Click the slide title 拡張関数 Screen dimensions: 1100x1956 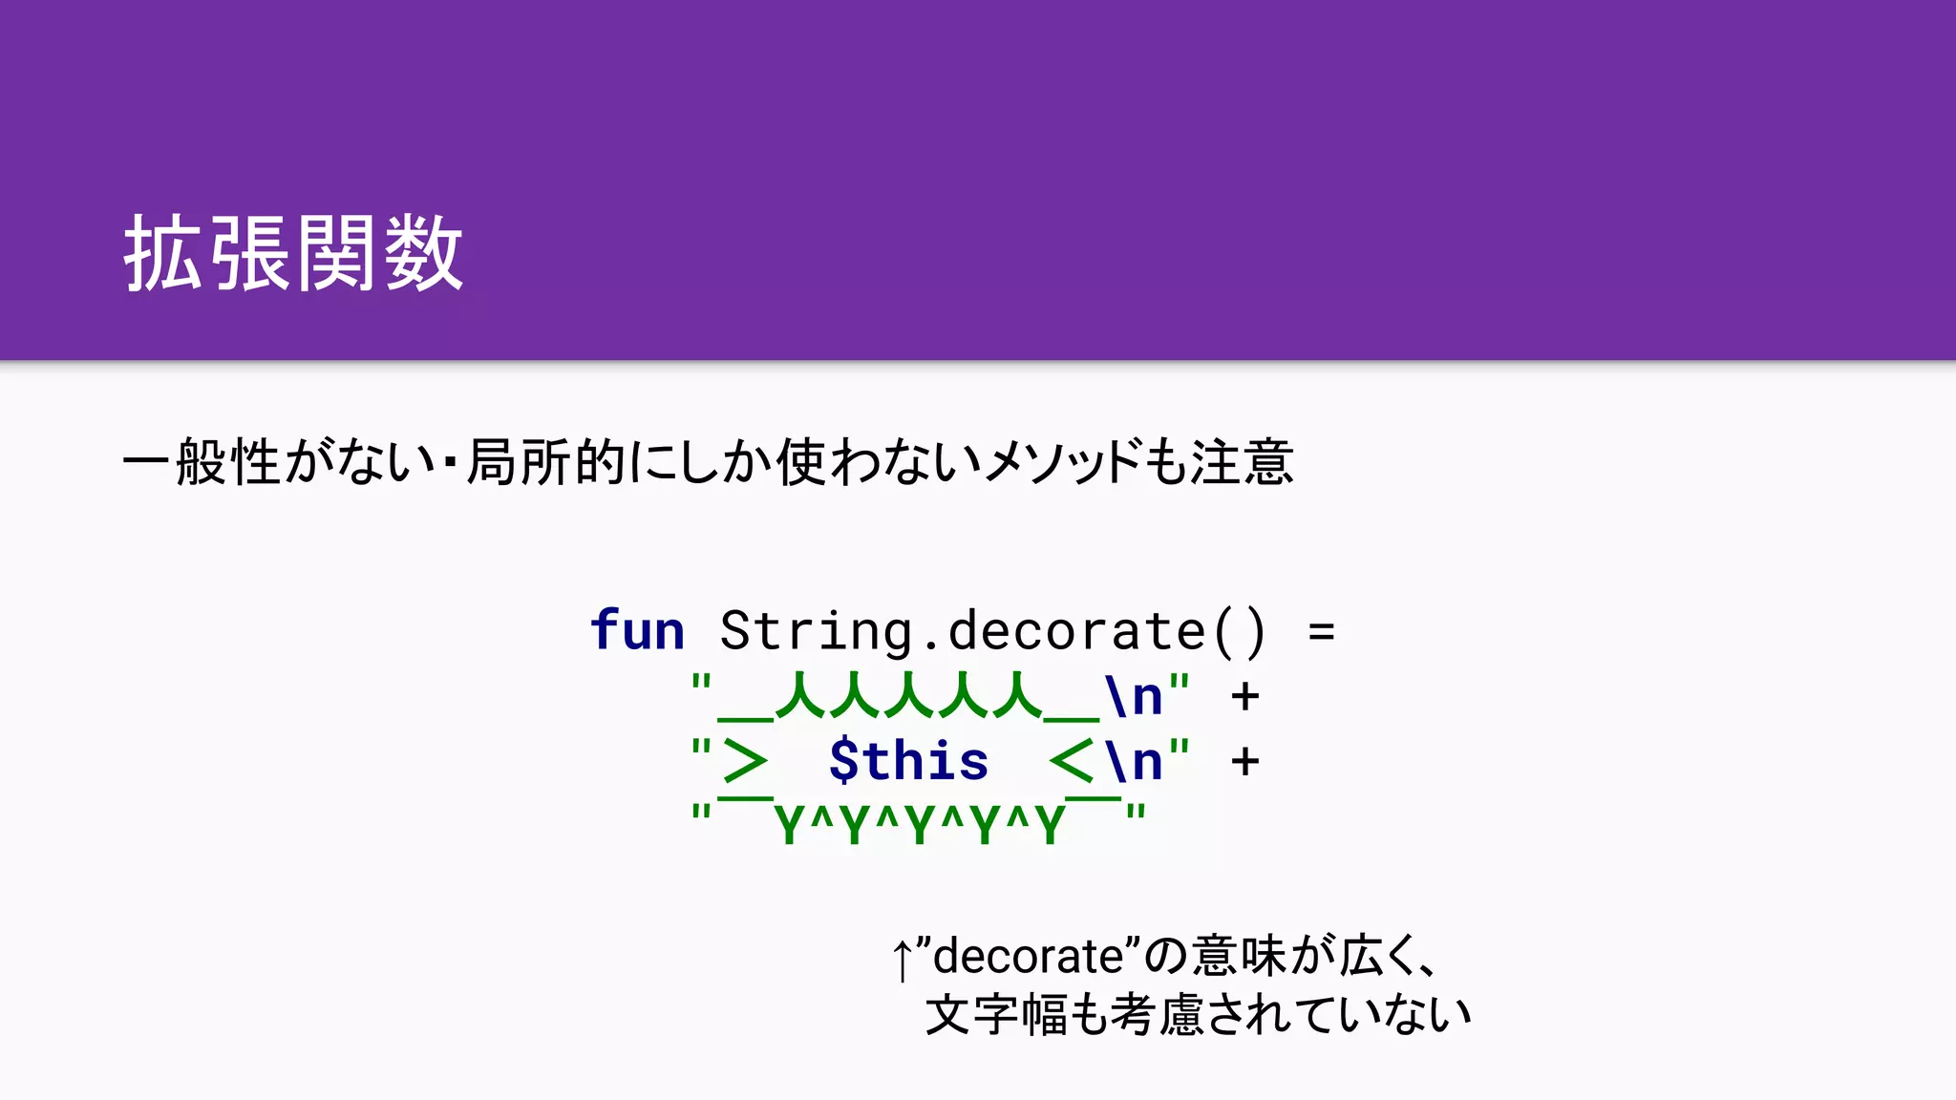[x=293, y=253]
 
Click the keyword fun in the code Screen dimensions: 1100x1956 [x=637, y=631]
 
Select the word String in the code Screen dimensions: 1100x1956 [x=816, y=631]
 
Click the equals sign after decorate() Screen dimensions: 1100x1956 [x=1321, y=631]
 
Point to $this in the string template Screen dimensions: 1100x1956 [x=908, y=761]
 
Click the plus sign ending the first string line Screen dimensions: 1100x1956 [x=1244, y=696]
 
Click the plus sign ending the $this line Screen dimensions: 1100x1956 [x=1244, y=761]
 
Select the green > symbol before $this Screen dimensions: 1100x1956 [x=745, y=761]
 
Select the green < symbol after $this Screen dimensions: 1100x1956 [x=1071, y=761]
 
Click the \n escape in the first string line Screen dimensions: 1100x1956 [x=1134, y=696]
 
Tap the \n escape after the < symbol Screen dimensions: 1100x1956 [x=1134, y=761]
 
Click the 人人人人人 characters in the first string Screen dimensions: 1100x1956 [x=908, y=696]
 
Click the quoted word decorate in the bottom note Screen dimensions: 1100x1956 [x=1028, y=956]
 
